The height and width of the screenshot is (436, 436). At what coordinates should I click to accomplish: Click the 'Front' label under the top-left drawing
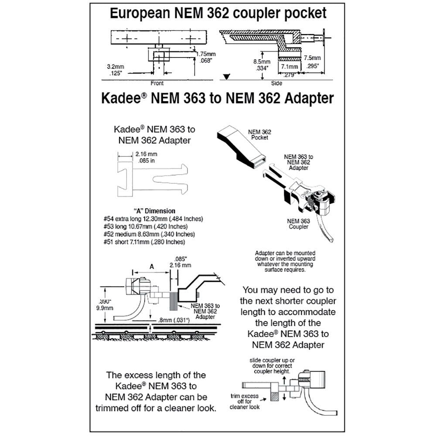(x=157, y=83)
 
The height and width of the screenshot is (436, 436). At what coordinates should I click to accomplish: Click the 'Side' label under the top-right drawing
(x=276, y=83)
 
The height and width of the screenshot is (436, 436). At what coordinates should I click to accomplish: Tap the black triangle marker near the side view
(x=226, y=77)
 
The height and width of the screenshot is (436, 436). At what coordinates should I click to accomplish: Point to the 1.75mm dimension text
(x=204, y=54)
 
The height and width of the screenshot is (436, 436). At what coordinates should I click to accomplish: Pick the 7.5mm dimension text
(x=312, y=58)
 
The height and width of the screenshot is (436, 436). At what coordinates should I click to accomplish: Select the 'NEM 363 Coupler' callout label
(x=298, y=224)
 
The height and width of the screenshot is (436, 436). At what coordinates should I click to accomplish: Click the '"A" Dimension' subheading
(x=148, y=211)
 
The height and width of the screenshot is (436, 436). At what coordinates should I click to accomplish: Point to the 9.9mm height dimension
(x=106, y=307)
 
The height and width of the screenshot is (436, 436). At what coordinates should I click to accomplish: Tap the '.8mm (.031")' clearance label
(x=173, y=320)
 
